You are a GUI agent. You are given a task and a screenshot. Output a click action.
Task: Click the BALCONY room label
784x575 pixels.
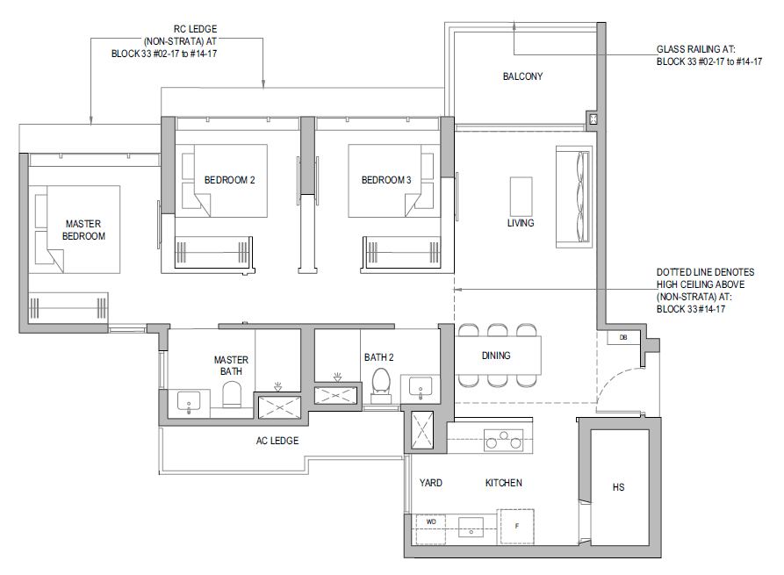(x=522, y=76)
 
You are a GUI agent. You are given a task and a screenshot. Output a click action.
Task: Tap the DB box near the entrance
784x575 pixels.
(x=623, y=337)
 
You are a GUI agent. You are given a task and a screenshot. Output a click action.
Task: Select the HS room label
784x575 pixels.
(x=618, y=487)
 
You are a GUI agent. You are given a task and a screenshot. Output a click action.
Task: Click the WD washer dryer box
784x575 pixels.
(x=431, y=529)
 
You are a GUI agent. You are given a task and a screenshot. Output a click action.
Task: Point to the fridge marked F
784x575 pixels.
(x=516, y=527)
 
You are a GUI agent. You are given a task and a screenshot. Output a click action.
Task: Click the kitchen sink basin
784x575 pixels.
(x=471, y=527)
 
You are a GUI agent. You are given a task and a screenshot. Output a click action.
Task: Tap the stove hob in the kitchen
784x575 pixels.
(x=504, y=440)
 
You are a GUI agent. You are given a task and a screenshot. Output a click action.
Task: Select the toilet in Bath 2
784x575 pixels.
(x=381, y=385)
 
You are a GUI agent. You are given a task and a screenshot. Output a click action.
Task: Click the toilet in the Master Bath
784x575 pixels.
(x=232, y=394)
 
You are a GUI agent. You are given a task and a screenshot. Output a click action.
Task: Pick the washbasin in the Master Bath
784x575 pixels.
(x=189, y=402)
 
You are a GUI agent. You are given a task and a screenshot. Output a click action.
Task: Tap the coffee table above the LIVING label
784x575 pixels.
(x=521, y=197)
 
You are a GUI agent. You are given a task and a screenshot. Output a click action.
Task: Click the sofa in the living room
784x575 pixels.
(x=574, y=197)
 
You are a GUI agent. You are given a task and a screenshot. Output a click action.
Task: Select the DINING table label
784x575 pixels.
(x=496, y=356)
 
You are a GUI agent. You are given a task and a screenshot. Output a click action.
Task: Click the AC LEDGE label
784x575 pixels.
(x=277, y=441)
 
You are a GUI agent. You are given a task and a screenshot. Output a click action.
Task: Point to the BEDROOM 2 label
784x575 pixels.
(x=229, y=180)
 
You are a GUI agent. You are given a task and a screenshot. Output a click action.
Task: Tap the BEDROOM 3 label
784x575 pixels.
(x=386, y=180)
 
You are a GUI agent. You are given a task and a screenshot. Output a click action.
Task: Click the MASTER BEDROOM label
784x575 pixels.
(x=83, y=230)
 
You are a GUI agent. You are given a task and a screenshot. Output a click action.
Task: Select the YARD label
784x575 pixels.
(x=430, y=483)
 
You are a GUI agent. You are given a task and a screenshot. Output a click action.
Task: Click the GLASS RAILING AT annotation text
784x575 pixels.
(x=696, y=49)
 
